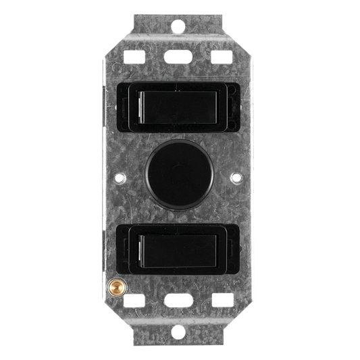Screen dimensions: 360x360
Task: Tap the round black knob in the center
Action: (179, 178)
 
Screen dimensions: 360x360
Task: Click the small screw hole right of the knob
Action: (237, 179)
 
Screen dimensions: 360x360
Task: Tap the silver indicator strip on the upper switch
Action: (139, 107)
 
